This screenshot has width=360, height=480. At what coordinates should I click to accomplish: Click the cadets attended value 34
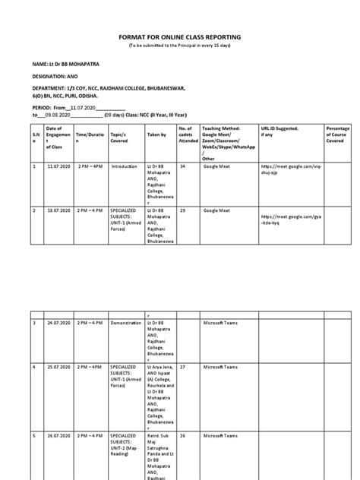[182, 165]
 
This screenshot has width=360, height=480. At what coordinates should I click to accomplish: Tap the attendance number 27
[182, 367]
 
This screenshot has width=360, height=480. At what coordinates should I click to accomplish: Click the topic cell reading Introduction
[122, 165]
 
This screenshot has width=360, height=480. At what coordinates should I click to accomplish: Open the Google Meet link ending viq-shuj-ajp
[286, 168]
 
